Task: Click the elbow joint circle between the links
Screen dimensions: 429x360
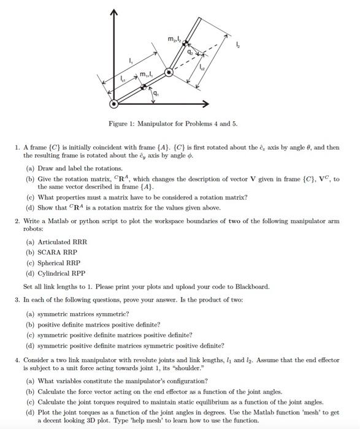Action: [x=169, y=72]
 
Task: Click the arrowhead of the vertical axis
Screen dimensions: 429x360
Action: [x=112, y=13]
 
